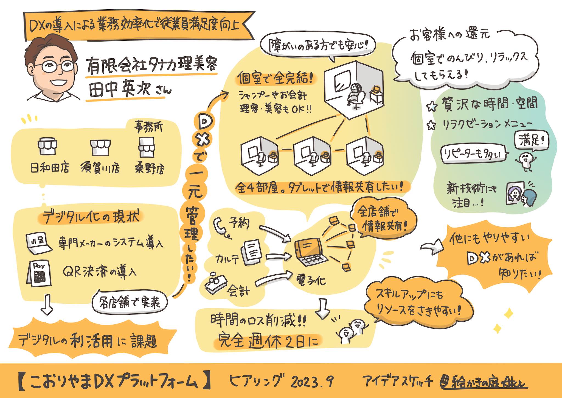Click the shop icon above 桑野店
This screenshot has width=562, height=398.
146,147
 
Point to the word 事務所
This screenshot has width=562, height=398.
148,127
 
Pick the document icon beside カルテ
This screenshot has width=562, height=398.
251,252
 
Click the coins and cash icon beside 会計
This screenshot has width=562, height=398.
215,283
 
